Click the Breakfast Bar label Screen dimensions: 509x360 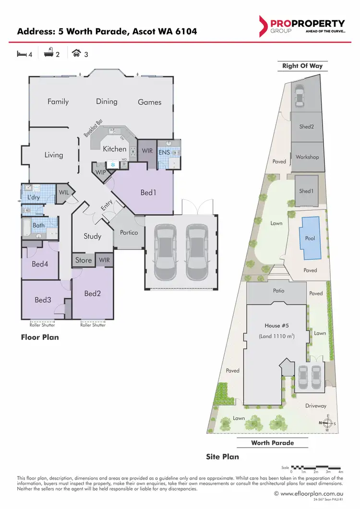tap(94, 128)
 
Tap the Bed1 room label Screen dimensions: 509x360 tap(149, 193)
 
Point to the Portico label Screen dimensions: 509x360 tap(129, 232)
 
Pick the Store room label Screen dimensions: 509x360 tap(84, 260)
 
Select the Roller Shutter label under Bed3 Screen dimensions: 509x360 tap(42, 325)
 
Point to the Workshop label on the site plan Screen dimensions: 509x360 tap(307, 157)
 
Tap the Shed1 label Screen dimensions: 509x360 tap(306, 191)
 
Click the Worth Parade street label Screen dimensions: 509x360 tap(273, 443)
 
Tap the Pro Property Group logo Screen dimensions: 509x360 tap(301, 26)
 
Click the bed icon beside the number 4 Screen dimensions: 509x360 tap(22, 54)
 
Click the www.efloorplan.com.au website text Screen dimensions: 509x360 tap(311, 493)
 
